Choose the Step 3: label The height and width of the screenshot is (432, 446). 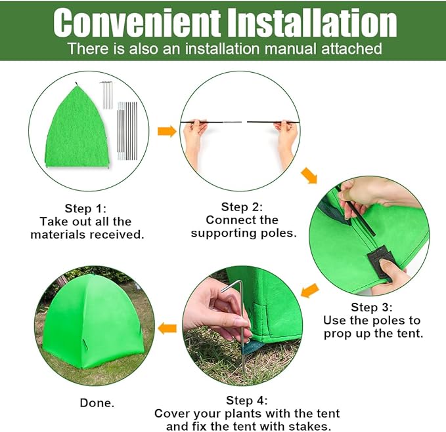372,307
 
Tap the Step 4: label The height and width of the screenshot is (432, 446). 247,400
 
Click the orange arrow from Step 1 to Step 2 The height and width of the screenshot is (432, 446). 167,131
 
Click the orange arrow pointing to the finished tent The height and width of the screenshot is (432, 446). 168,326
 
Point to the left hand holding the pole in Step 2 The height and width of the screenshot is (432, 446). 192,140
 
